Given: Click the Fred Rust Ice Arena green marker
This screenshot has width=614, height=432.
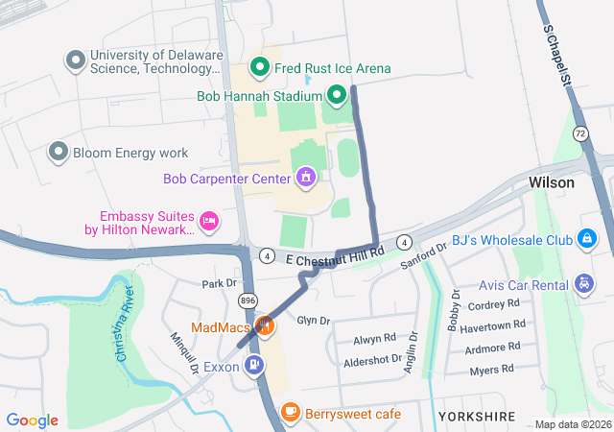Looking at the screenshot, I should (x=258, y=68).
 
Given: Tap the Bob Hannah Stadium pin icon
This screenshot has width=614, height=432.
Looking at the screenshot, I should (x=336, y=95).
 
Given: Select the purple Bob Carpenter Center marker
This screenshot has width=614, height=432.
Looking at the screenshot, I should (x=306, y=177).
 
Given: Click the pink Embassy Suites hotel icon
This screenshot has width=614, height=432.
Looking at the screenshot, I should (x=208, y=223).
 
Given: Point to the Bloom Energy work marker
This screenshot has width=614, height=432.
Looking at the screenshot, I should (x=59, y=152).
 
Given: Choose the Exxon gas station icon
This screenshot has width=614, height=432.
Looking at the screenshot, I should (x=253, y=365).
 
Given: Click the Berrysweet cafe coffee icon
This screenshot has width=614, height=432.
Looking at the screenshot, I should (x=290, y=412).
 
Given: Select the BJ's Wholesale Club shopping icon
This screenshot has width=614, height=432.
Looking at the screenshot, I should (x=585, y=238).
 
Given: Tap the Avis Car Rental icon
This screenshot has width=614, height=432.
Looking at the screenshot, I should (x=584, y=283).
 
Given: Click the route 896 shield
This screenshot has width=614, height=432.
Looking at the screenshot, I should (x=248, y=300).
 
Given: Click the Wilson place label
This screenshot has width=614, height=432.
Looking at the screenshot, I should (x=552, y=182).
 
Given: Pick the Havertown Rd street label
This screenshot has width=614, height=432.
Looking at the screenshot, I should (x=490, y=327).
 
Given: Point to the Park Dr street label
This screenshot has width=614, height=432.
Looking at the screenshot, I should (x=219, y=283).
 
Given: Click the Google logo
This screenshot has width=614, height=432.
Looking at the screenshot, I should (x=33, y=420).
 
